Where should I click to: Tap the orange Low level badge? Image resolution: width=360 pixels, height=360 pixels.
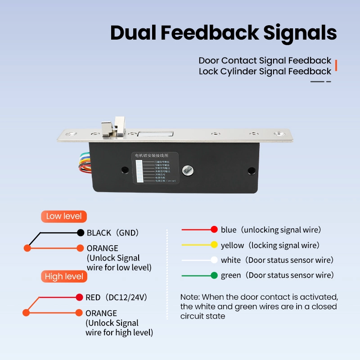tap(64, 216)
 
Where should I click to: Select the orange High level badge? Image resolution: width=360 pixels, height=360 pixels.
tap(64, 276)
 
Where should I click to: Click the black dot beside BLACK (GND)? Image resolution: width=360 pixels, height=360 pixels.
tap(81, 233)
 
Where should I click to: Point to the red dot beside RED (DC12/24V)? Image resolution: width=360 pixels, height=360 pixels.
tap(80, 297)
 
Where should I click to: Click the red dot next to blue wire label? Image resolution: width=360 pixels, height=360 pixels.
tap(214, 229)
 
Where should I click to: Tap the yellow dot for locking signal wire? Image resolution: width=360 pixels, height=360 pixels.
tap(214, 245)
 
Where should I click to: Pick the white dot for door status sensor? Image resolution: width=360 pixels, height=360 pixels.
tap(214, 260)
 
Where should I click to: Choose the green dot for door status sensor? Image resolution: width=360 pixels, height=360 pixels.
tap(214, 275)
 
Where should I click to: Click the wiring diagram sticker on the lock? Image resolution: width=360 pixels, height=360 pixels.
tap(155, 169)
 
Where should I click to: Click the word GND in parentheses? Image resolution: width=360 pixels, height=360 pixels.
tap(127, 233)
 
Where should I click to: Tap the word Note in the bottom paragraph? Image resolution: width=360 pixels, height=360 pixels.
tap(190, 297)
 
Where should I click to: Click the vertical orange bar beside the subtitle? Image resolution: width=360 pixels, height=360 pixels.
tap(336, 66)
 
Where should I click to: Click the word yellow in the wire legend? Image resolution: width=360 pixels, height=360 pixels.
tap(232, 245)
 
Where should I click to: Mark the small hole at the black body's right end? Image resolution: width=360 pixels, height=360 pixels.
tap(251, 171)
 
